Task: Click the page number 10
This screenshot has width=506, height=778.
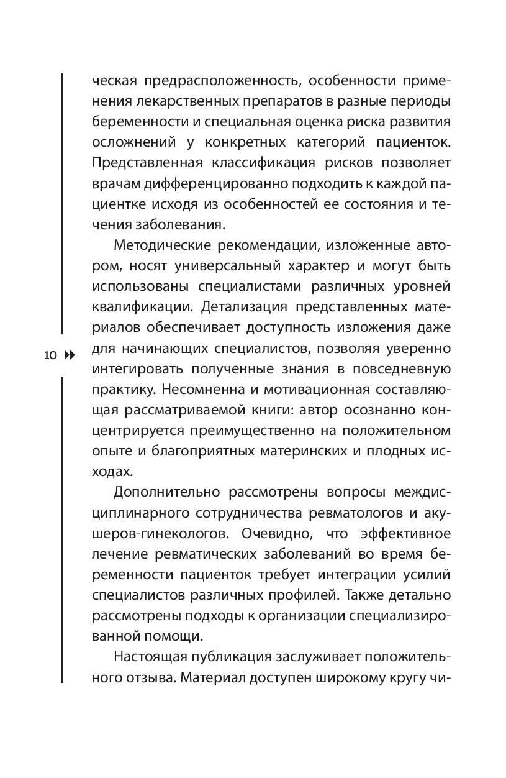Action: (x=50, y=355)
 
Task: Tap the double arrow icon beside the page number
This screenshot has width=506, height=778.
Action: (x=69, y=355)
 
